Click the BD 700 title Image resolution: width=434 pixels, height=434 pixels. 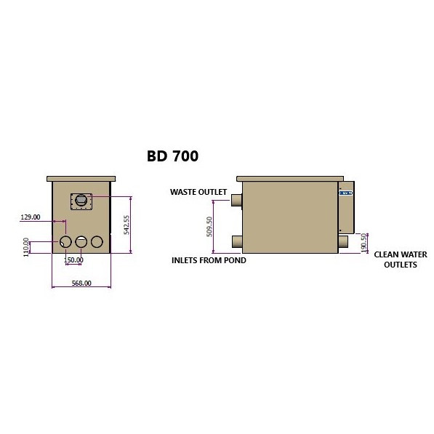pyautogui.click(x=172, y=155)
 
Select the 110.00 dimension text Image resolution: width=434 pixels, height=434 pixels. pyautogui.click(x=27, y=246)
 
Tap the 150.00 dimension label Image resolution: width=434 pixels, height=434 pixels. pyautogui.click(x=73, y=260)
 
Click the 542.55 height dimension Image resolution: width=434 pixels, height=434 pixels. pyautogui.click(x=126, y=225)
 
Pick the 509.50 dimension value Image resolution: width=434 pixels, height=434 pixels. pyautogui.click(x=209, y=227)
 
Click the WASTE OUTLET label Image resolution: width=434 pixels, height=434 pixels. pyautogui.click(x=198, y=193)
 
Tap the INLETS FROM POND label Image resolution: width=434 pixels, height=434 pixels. pyautogui.click(x=209, y=260)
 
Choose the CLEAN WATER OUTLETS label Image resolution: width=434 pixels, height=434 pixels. pyautogui.click(x=400, y=260)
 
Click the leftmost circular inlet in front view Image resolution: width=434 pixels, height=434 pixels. pyautogui.click(x=65, y=241)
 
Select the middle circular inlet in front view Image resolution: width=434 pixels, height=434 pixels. pyautogui.click(x=81, y=241)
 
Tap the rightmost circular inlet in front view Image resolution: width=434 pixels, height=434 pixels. pyautogui.click(x=97, y=241)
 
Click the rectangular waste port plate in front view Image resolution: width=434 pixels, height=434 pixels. pyautogui.click(x=82, y=200)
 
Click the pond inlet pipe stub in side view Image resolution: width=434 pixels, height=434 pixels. pyautogui.click(x=236, y=241)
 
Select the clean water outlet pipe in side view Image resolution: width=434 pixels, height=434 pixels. pyautogui.click(x=342, y=241)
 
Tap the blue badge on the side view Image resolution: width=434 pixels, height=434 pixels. pyautogui.click(x=345, y=193)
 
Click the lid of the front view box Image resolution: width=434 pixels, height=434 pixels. pyautogui.click(x=81, y=178)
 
